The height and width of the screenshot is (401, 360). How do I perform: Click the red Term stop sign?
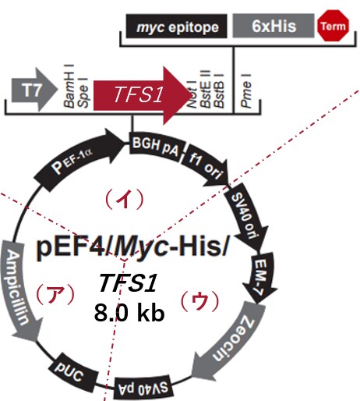coord(333,26)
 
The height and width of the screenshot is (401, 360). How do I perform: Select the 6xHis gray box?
coord(274,26)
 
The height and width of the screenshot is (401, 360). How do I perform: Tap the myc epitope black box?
coord(177,26)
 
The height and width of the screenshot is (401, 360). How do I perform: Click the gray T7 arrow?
coord(34,90)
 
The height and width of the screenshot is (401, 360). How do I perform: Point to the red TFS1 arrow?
coord(143,95)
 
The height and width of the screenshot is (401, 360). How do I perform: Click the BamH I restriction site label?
coord(69,86)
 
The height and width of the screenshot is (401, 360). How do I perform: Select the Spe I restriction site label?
coord(83,93)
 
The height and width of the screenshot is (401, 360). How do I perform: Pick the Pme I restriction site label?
coord(246,90)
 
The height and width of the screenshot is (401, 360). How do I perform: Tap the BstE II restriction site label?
coord(206,88)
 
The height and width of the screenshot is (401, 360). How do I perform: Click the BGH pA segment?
coord(157,147)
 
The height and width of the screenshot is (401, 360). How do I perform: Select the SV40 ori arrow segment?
coord(246,216)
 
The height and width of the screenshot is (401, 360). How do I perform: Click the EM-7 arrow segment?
coord(261,278)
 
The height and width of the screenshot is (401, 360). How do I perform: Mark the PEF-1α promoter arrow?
coord(79,159)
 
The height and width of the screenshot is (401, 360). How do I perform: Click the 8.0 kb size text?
coord(129,313)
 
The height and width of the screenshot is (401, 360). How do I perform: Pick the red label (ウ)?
coord(199,301)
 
